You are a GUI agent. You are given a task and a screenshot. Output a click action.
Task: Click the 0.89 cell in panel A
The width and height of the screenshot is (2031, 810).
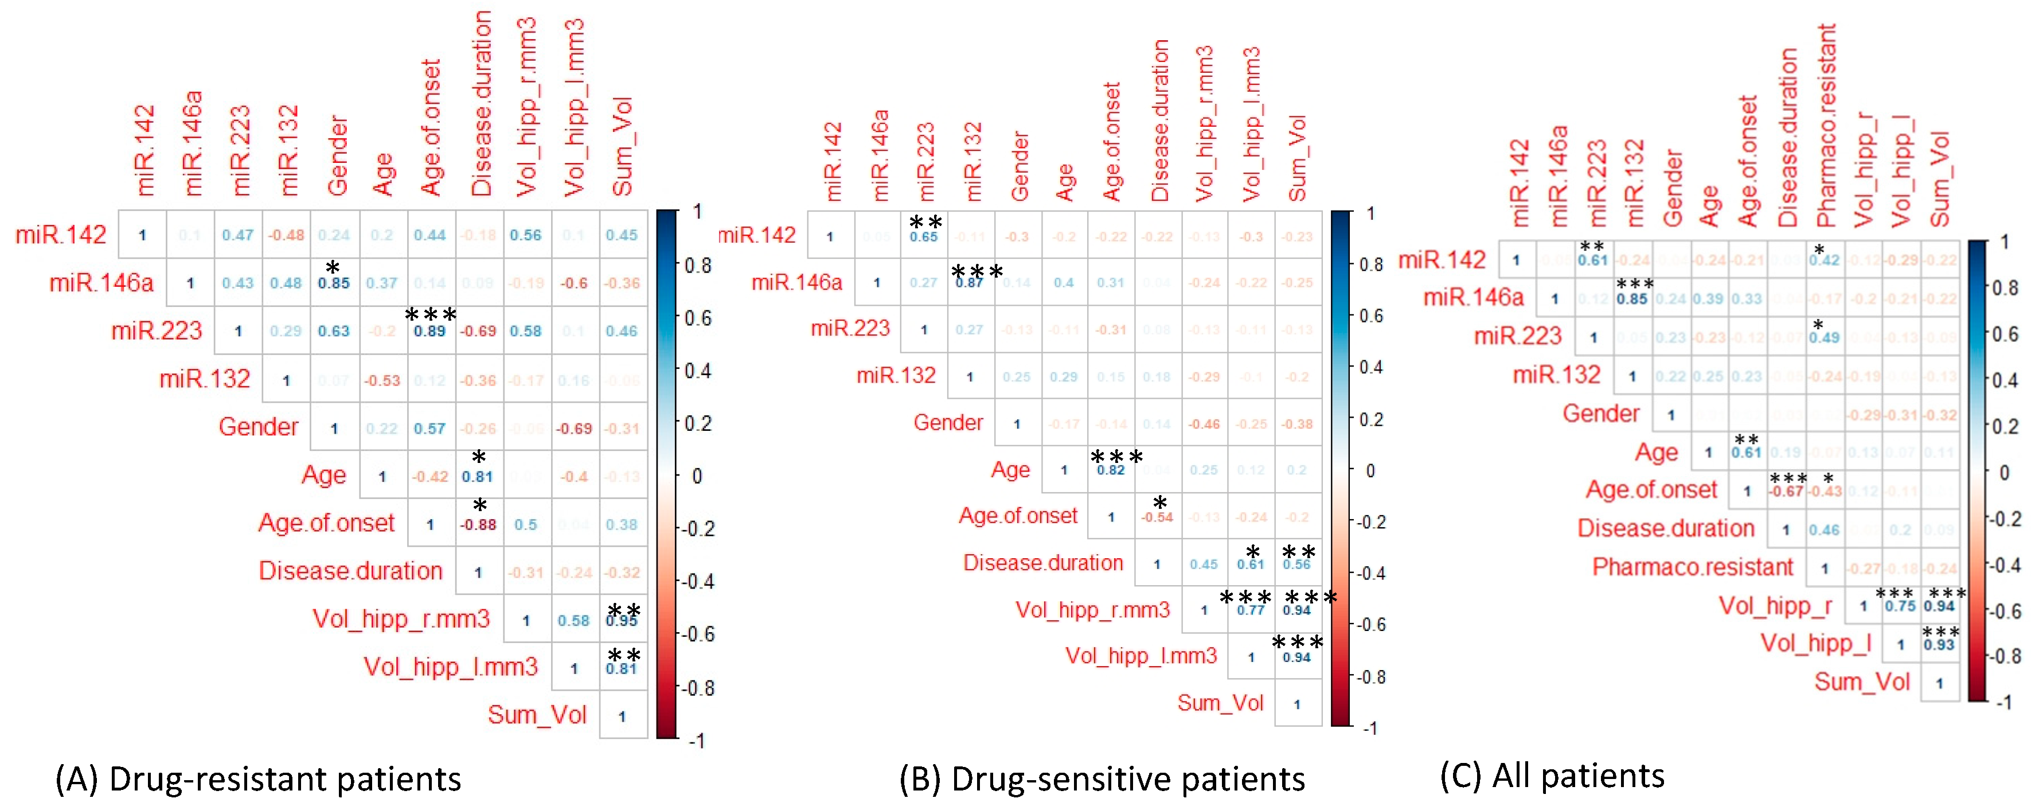429,331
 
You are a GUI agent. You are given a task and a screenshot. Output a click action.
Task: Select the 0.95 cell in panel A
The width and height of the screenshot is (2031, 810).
622,621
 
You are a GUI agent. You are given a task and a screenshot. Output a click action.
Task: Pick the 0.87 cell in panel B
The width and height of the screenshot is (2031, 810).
969,282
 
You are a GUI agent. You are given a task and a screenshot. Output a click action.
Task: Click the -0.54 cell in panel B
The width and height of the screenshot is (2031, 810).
1157,517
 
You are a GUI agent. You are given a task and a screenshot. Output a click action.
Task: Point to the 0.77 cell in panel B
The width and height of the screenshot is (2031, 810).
1251,610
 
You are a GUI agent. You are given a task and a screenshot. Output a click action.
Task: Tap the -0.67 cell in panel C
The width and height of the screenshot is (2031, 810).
1786,492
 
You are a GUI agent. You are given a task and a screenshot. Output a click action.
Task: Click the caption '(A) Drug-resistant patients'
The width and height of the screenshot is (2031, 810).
258,779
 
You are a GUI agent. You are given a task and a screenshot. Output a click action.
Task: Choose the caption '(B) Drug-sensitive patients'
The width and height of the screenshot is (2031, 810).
1102,779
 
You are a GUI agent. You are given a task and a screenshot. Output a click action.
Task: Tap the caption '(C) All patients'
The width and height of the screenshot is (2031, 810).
1552,776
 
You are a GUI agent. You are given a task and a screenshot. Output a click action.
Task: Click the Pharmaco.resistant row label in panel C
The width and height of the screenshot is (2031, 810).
1692,567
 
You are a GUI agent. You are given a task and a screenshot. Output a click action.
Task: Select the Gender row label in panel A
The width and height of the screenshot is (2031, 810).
259,427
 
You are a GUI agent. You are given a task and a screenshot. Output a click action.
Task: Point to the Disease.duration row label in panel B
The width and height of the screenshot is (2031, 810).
1043,563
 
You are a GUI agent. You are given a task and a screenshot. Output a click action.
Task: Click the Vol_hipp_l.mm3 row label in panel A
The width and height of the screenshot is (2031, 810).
450,667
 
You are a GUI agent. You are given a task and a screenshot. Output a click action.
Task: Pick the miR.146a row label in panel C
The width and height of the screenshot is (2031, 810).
1473,297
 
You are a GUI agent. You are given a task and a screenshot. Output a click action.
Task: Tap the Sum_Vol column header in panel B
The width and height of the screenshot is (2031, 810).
1297,158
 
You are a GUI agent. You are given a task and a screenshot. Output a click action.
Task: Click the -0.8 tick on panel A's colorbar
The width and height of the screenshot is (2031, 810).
698,688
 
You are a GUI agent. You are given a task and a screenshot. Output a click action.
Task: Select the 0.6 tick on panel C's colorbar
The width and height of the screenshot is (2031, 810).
2004,334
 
